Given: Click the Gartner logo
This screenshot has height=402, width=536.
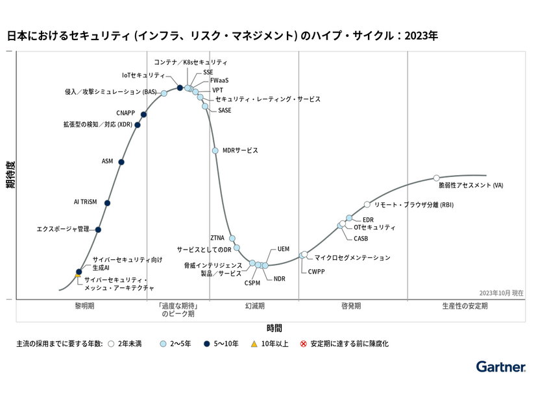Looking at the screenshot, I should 500,367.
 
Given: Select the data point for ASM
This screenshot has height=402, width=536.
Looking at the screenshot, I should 121,162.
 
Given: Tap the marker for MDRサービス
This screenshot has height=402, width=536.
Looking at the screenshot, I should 215,151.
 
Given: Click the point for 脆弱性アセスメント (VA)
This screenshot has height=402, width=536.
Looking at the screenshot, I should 436,178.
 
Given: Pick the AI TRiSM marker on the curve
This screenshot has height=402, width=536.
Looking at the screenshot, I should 107,203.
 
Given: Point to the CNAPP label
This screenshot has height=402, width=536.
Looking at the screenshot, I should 126,113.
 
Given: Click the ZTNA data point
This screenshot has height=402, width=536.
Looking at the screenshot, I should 232,239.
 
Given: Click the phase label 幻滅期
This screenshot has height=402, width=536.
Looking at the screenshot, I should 254,305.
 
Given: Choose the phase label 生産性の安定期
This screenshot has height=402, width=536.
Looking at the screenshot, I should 464,305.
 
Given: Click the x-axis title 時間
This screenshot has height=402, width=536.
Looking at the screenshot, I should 274,327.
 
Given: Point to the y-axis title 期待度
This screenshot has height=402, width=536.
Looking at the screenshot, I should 10,174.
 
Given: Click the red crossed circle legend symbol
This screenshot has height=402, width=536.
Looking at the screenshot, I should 302,344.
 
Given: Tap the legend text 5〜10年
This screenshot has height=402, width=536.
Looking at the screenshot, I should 226,344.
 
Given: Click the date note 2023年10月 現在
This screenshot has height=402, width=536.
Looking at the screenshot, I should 501,293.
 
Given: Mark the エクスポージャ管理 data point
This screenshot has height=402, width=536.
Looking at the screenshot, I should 98,230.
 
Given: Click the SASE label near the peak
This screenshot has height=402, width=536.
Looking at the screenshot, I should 225,110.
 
